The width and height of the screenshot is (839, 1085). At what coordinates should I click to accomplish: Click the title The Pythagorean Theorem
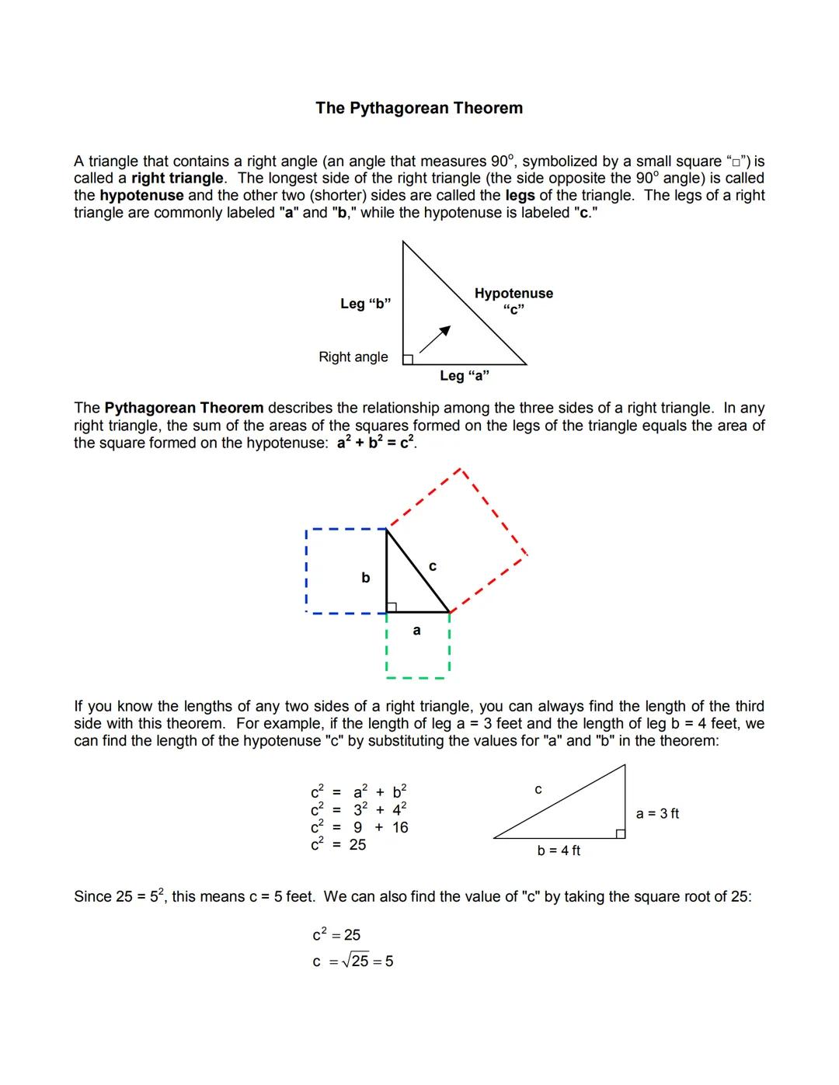[419, 108]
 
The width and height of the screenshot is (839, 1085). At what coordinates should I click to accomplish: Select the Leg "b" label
[365, 304]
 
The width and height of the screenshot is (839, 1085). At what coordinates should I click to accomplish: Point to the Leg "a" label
[464, 376]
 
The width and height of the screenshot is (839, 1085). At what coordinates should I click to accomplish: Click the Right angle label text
[353, 357]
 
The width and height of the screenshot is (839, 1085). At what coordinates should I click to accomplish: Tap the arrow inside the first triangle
[434, 339]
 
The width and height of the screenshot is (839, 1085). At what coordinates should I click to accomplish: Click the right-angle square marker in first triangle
[407, 359]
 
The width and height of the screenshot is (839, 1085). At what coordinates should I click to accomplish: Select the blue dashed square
[346, 571]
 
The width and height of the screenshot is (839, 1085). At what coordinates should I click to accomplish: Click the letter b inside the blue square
[365, 578]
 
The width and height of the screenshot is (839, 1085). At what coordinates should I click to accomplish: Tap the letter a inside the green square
[416, 631]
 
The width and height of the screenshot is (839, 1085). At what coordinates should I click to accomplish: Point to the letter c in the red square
[433, 567]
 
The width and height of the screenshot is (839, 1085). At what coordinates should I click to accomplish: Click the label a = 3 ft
[657, 814]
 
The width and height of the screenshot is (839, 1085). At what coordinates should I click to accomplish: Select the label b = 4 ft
[559, 851]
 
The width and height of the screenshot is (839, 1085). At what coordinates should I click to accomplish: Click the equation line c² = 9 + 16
[359, 828]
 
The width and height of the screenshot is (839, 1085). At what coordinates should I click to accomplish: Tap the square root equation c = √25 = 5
[353, 962]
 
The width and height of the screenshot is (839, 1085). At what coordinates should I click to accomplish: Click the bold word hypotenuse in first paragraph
[141, 196]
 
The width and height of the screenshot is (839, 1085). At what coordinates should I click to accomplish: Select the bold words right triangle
[177, 179]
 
